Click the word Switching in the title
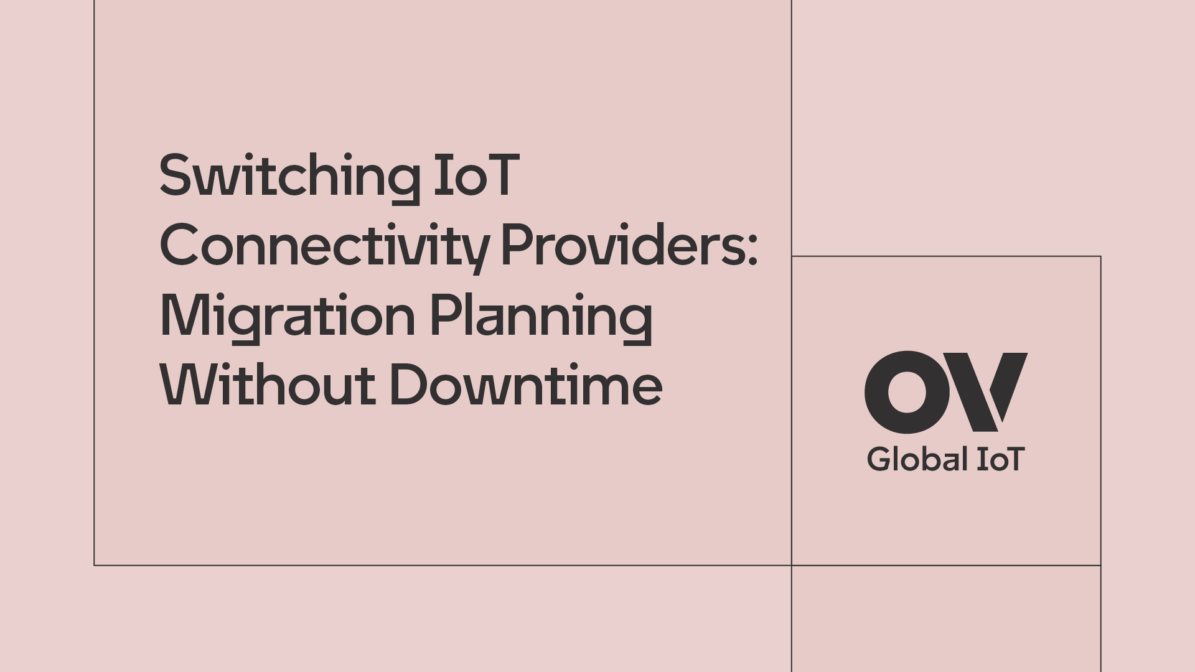coord(290,178)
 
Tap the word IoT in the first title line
coord(476,176)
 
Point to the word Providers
coord(622,245)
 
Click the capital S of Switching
coord(174,176)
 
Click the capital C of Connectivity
coord(180,245)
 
